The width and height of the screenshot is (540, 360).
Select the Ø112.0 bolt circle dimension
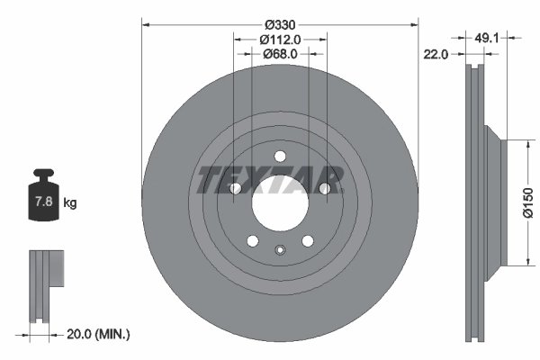point(280,39)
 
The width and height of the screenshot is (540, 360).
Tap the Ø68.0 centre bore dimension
point(280,54)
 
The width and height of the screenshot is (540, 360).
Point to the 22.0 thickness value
point(436,55)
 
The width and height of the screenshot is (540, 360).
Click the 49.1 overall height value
point(486,38)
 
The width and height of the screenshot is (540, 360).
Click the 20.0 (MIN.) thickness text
point(100,334)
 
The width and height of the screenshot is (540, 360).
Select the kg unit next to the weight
point(70,203)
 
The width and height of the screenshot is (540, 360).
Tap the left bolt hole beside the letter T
point(236,188)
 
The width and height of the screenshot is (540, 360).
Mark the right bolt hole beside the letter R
point(323,188)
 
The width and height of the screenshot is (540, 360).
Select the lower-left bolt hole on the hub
point(253,240)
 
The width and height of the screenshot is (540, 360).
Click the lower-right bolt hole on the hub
point(306,240)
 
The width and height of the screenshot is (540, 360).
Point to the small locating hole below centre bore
point(279,249)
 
